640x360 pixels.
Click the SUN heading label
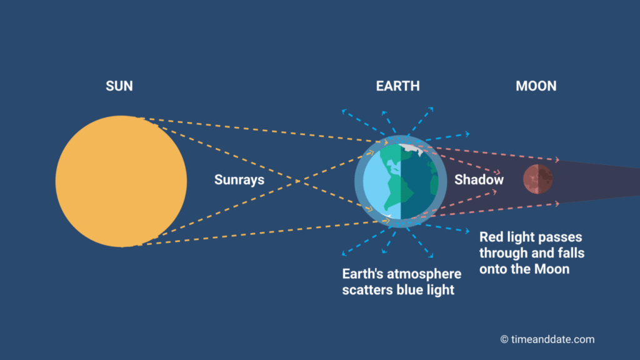pos(119,86)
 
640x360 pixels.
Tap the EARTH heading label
pos(397,86)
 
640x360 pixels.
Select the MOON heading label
pos(536,86)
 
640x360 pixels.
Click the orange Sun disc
pos(121,181)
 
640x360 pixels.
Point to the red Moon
pos(537,180)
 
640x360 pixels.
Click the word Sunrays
pos(239,180)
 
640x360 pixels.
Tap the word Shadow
pos(479,180)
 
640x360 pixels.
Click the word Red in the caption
pos(492,237)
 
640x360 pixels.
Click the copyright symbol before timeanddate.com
pos(504,339)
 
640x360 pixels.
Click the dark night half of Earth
pos(421,187)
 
